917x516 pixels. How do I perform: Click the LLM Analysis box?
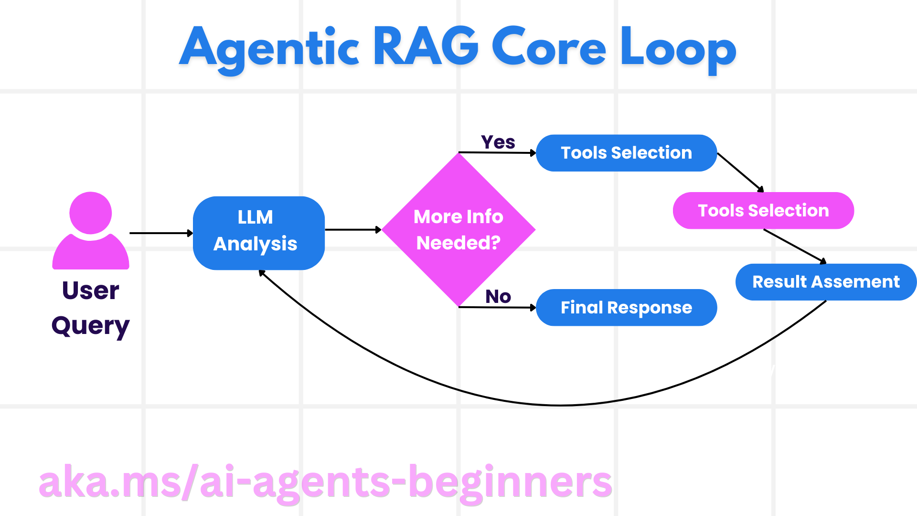[258, 233]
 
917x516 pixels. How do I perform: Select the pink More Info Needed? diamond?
[458, 230]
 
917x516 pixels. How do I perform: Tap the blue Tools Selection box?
[626, 153]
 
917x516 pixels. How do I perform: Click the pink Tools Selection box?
[763, 211]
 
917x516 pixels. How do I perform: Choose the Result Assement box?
[826, 282]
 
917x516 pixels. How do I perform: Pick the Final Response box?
[626, 308]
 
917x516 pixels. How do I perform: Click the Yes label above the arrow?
[498, 142]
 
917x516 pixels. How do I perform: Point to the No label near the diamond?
[498, 297]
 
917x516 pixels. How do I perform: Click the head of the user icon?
[90, 213]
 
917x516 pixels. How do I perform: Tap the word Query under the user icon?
[90, 326]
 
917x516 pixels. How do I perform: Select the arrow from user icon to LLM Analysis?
[160, 233]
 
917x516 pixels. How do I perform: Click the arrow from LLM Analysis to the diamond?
[352, 230]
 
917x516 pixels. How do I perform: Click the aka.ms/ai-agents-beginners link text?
[325, 483]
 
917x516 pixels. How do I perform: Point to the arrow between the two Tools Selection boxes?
[740, 172]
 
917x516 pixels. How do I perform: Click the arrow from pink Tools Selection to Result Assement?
[795, 246]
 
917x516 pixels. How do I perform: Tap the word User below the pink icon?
[90, 290]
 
